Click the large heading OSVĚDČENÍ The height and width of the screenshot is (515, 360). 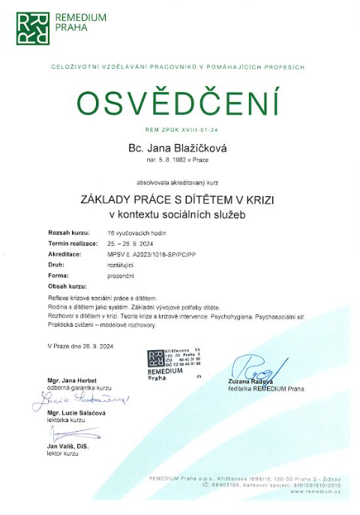[x=179, y=104]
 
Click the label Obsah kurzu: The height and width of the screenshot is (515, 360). [x=67, y=286]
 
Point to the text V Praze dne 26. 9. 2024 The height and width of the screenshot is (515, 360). [x=80, y=346]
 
